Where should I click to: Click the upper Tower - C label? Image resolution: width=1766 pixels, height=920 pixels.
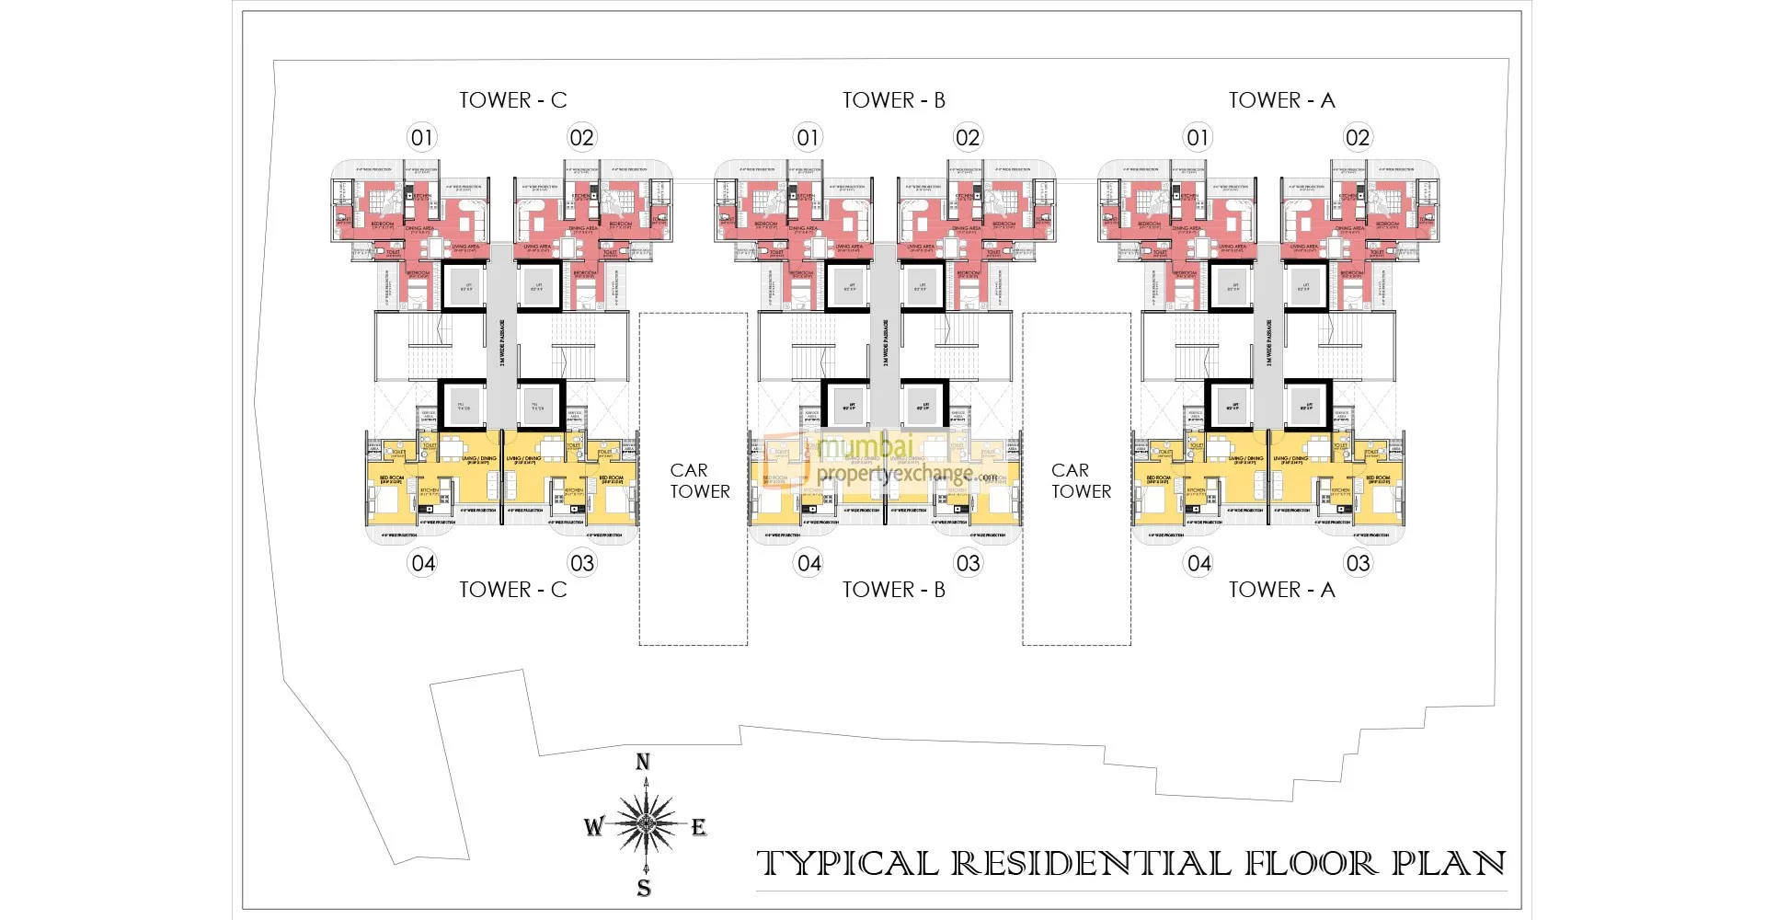coord(513,100)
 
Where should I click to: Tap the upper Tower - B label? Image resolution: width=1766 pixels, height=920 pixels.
coord(894,100)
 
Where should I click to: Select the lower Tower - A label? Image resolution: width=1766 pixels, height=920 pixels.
coord(1281,590)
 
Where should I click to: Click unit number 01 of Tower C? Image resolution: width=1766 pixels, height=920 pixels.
coord(422,138)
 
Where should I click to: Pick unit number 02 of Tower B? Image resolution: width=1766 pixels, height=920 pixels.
coord(968,138)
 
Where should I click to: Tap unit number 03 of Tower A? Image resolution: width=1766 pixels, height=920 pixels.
coord(1358,563)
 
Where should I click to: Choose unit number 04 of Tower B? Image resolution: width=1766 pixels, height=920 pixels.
coord(809,563)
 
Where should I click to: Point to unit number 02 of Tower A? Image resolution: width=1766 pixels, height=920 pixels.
coord(1358,138)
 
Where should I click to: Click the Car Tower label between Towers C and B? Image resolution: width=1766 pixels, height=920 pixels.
coord(699,481)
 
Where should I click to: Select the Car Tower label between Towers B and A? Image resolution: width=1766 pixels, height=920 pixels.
coord(1081,481)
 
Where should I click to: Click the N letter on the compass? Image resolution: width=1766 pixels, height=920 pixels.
coord(643,762)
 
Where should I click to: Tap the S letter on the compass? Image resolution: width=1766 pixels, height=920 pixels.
coord(644,888)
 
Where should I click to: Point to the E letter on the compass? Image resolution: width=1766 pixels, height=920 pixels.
coord(699,827)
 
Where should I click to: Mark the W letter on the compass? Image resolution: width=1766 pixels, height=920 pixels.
coord(593,826)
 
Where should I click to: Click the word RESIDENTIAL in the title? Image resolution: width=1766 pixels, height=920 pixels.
coord(1091,864)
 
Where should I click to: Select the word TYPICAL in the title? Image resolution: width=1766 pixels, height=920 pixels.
coord(847,864)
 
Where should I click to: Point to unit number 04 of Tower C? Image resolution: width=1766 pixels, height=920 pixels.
coord(423,563)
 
